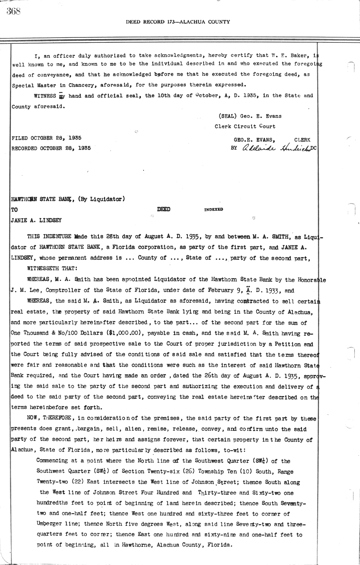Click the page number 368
13,11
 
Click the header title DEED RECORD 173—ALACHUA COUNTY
178,22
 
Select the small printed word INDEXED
213,210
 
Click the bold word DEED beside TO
163,209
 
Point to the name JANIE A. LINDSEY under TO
36,220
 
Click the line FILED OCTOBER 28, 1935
46,138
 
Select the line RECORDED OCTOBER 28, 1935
51,148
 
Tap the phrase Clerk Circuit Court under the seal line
245,127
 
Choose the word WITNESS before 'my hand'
45,96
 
